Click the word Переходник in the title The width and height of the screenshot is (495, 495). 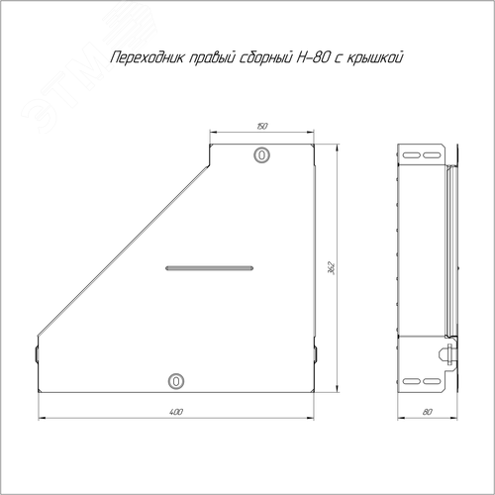[x=148, y=58]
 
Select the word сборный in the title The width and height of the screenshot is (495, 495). [x=264, y=58]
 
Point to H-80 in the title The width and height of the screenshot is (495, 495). [x=313, y=57]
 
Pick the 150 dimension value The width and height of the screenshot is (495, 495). [x=262, y=126]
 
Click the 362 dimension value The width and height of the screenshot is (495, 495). [x=332, y=268]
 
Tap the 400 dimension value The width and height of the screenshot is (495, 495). [x=176, y=412]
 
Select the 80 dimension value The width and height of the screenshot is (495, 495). [x=427, y=412]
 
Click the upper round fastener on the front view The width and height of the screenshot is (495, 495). [x=261, y=154]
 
